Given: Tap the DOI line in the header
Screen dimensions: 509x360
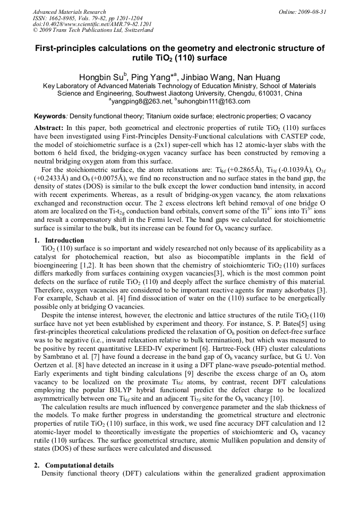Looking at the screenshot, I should click(x=92, y=24).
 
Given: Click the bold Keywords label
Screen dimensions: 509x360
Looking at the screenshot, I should click(x=50, y=116).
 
